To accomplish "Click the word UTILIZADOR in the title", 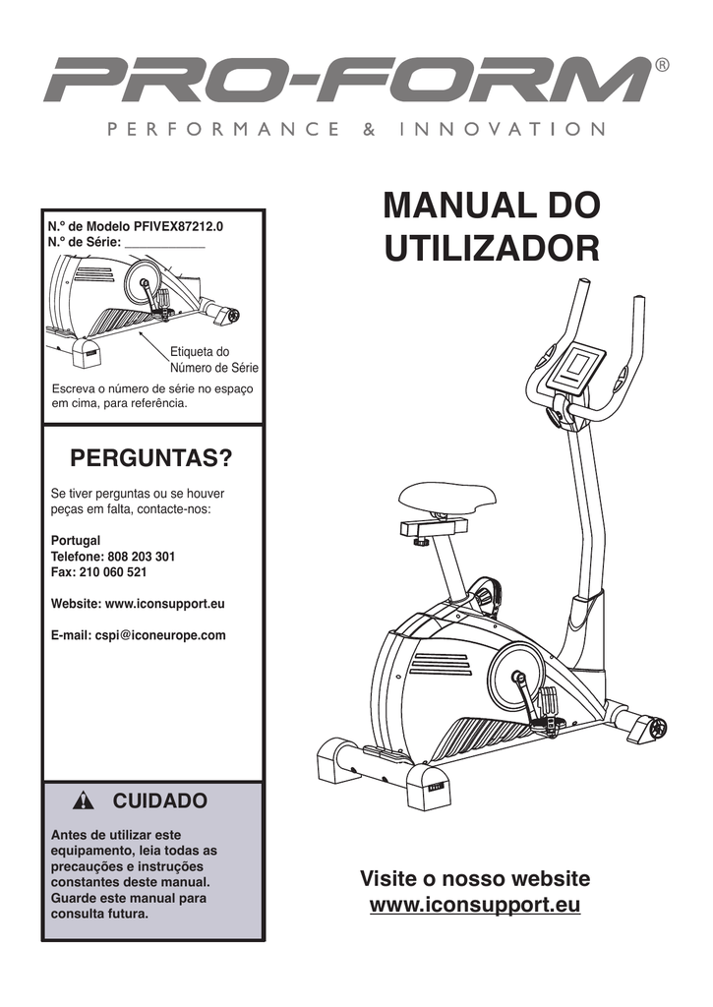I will click(492, 248).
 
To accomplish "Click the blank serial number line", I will click(165, 242).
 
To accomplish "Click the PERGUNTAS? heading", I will click(151, 459).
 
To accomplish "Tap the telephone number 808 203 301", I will click(141, 557).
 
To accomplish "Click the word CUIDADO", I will click(160, 800).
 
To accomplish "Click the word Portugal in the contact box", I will click(76, 541).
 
